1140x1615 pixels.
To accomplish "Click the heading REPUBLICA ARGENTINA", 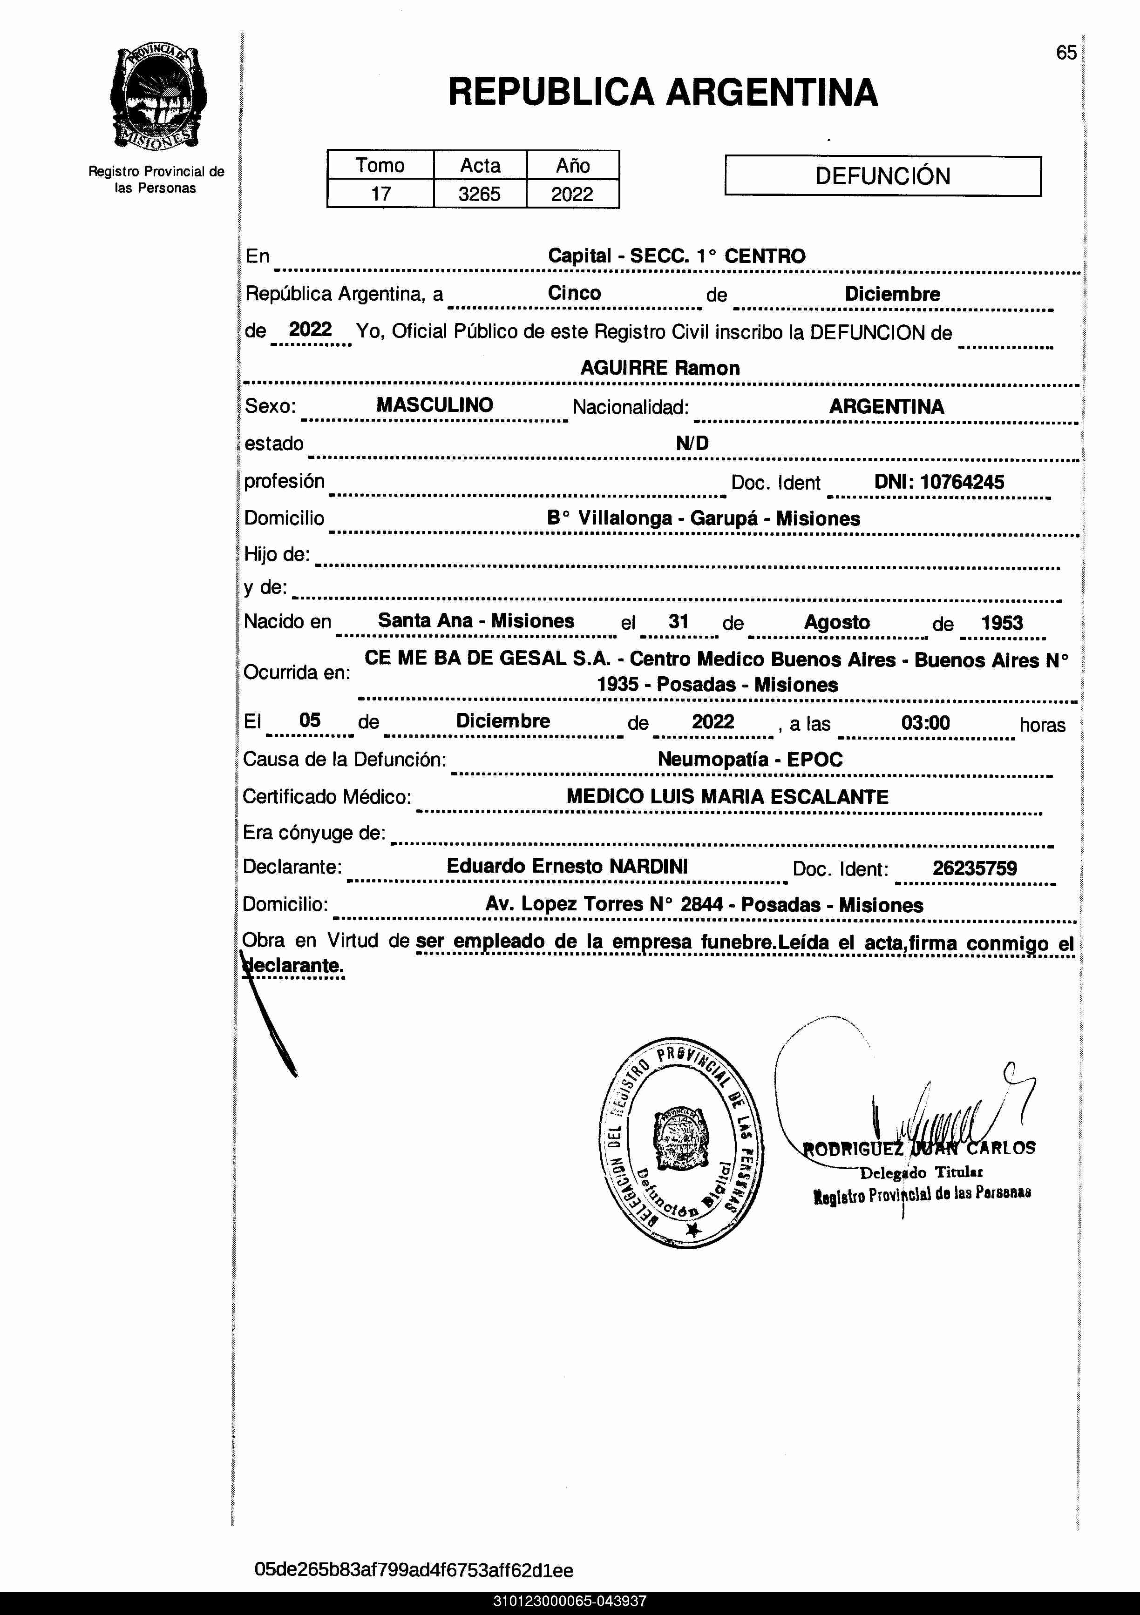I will pyautogui.click(x=662, y=93).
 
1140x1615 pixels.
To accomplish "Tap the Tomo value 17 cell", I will pyautogui.click(x=381, y=194).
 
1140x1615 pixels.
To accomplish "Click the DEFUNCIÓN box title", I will pyautogui.click(x=882, y=176).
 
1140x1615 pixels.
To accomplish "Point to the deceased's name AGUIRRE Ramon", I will pyautogui.click(x=659, y=368).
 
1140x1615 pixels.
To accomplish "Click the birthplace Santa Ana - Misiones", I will pyautogui.click(x=476, y=620).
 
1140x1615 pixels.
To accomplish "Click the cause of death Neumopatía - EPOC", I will pyautogui.click(x=749, y=759).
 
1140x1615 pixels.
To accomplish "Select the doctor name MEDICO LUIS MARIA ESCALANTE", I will pyautogui.click(x=727, y=796).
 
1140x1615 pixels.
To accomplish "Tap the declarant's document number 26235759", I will pyautogui.click(x=975, y=868).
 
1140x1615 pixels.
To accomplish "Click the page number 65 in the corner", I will pyautogui.click(x=1066, y=53).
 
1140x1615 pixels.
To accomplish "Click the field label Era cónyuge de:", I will pyautogui.click(x=314, y=833).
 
